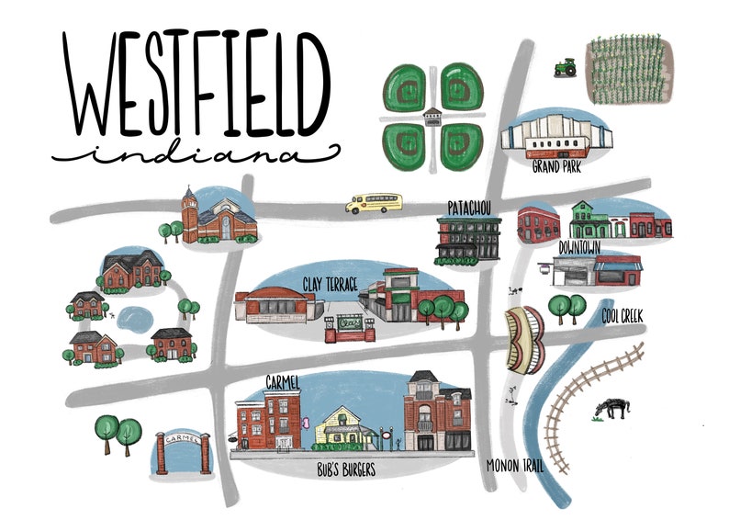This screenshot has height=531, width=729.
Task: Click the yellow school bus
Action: pyautogui.click(x=374, y=203)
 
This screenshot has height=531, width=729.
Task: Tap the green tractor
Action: pyautogui.click(x=564, y=67)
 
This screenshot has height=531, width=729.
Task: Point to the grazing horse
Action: pyautogui.click(x=611, y=407)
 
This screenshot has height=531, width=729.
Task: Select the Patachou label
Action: pyautogui.click(x=470, y=205)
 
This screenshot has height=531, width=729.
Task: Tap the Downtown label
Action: pyautogui.click(x=579, y=248)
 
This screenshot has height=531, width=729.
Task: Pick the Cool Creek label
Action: pyautogui.click(x=622, y=315)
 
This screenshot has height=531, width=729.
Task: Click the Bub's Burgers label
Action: pyautogui.click(x=344, y=471)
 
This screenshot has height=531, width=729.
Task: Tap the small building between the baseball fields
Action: pyautogui.click(x=431, y=116)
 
